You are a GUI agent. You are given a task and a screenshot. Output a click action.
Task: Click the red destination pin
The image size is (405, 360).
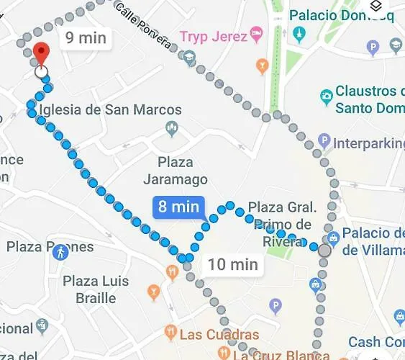(x=42, y=54)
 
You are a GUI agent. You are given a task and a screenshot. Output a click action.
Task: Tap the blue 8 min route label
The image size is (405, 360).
(x=178, y=207)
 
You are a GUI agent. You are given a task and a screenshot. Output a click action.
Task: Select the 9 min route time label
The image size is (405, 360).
(x=85, y=38)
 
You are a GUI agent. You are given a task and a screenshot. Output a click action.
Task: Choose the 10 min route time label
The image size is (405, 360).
(x=232, y=264)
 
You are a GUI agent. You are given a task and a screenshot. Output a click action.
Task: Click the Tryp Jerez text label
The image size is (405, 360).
(x=212, y=36)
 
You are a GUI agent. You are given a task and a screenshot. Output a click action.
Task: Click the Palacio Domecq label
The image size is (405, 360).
(x=343, y=15)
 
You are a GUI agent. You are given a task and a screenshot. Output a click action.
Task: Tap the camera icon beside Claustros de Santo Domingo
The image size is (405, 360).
(x=326, y=94)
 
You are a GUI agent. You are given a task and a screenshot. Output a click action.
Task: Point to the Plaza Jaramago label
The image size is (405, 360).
(x=175, y=171)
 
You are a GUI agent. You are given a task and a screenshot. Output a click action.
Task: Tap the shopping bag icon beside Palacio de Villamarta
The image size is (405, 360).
(x=332, y=238)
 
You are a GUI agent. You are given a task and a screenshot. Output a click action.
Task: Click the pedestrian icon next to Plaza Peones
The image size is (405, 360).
(x=62, y=251)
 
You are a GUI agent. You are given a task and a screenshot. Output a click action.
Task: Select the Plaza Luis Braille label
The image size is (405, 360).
(x=99, y=288)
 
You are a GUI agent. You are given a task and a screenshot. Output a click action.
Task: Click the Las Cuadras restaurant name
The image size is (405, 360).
(x=219, y=335)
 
